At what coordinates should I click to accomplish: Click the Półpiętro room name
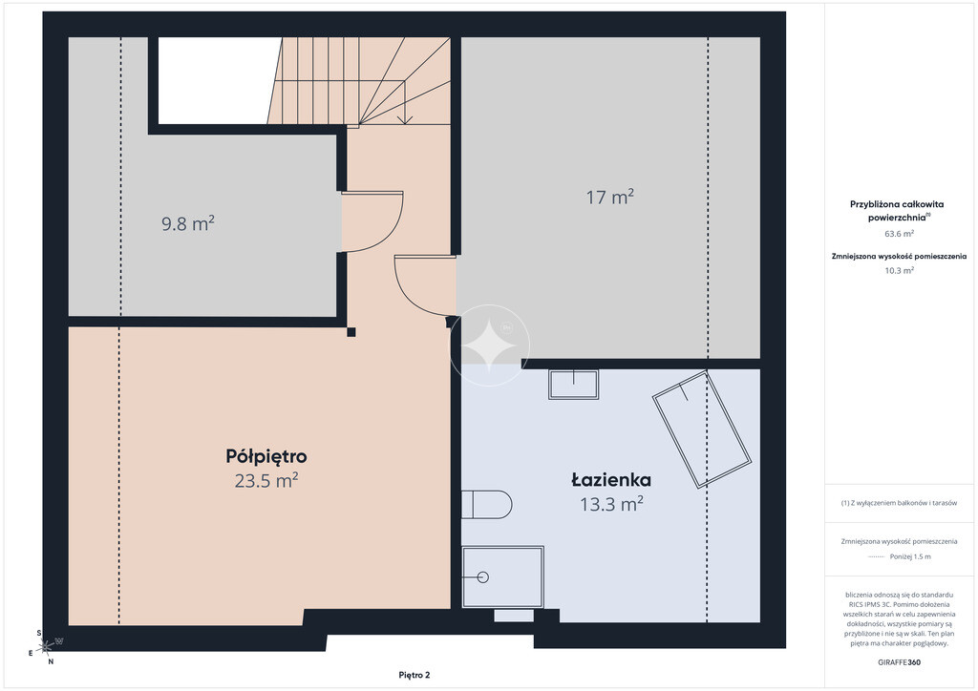[x=266, y=457]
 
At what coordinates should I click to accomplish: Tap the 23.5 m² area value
[x=266, y=481]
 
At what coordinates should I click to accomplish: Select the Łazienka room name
[x=611, y=480]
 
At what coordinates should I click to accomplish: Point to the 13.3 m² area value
[x=611, y=503]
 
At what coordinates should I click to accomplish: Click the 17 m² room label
[x=610, y=197]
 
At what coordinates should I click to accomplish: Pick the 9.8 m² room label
[x=188, y=223]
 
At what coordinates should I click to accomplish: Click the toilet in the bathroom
[x=486, y=504]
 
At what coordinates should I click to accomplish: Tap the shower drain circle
[x=482, y=577]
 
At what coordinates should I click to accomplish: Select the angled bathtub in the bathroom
[x=702, y=429]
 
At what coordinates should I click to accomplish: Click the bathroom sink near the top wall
[x=573, y=385]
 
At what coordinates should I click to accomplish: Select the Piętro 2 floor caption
[x=415, y=675]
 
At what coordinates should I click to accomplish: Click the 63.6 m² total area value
[x=899, y=234]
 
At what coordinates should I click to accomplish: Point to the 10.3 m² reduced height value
[x=899, y=270]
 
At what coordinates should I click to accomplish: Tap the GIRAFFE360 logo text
[x=899, y=662]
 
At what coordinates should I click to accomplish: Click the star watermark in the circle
[x=490, y=345]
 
